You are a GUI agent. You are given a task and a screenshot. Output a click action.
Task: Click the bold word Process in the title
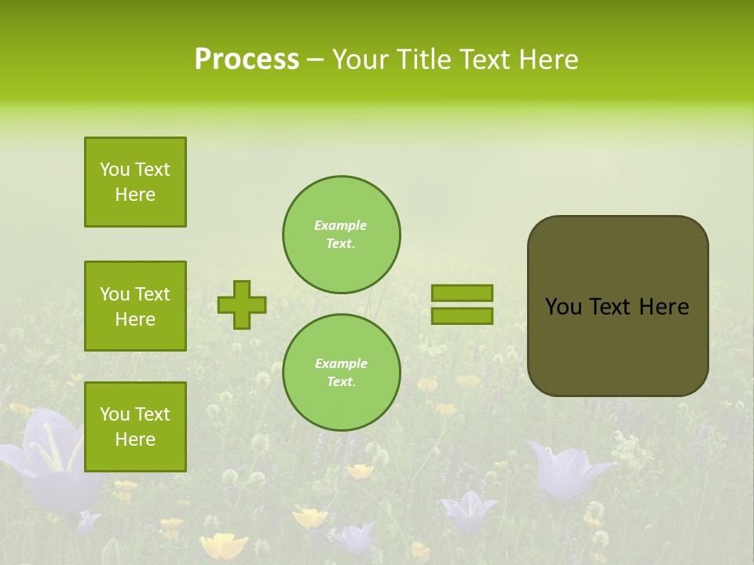tap(247, 60)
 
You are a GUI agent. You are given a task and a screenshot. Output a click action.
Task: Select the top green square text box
tap(135, 182)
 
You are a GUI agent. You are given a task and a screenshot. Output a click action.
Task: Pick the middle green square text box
tap(135, 306)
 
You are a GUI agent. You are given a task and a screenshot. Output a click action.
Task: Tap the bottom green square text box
tap(135, 427)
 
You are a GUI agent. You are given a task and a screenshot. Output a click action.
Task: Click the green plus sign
tap(242, 304)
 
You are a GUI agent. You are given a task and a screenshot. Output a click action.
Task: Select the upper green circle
tap(341, 235)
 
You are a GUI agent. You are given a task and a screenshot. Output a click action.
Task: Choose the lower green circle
tap(341, 373)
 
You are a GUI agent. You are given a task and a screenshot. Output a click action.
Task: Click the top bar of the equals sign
tap(462, 293)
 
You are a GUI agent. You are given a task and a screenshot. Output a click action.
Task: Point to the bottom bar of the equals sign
tap(462, 315)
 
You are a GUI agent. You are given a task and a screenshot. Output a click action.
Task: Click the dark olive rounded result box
tap(617, 345)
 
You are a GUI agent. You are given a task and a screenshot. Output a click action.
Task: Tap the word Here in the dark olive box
tap(664, 307)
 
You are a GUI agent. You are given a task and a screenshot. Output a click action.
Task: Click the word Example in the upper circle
tap(341, 225)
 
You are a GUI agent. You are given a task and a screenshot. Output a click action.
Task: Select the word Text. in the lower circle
tap(341, 382)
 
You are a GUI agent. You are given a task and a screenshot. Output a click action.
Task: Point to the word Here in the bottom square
tap(135, 439)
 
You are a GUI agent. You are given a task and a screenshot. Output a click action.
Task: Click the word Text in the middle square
tap(152, 294)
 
